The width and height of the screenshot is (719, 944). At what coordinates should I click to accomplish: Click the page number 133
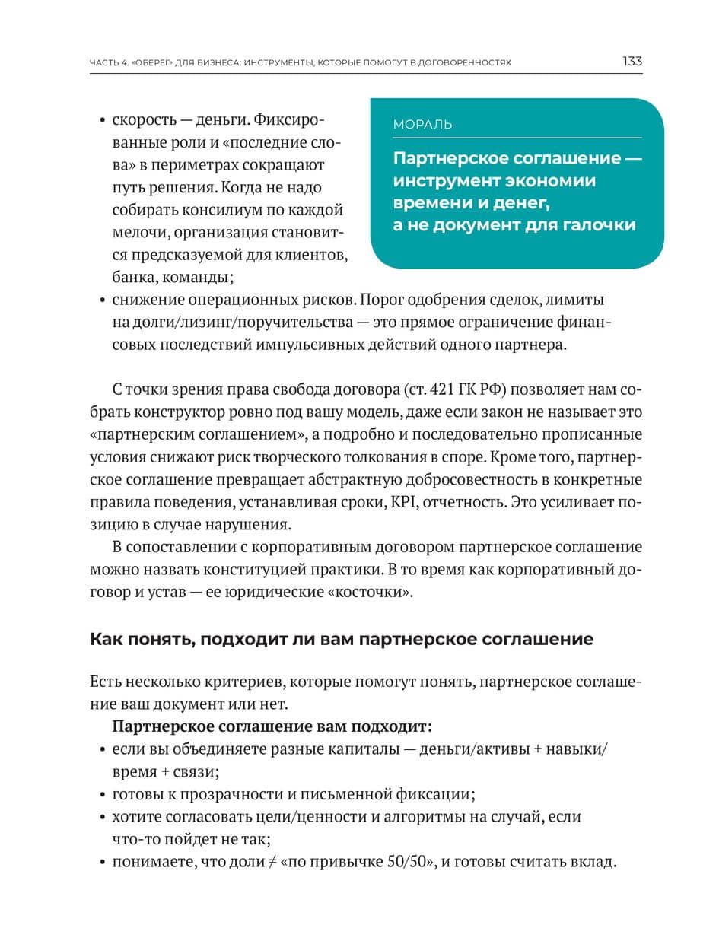tap(632, 61)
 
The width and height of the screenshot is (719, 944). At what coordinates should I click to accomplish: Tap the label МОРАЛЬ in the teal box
tap(422, 124)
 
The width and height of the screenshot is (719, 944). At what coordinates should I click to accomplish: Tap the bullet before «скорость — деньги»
tap(102, 122)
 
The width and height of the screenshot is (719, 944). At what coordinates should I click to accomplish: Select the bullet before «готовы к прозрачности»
tap(102, 796)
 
